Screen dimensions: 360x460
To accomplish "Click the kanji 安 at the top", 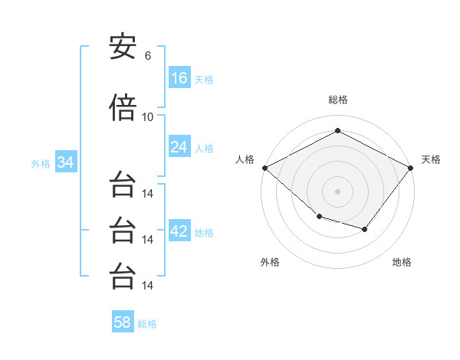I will point(123,47).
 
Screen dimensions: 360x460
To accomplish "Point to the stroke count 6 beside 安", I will point(148,56).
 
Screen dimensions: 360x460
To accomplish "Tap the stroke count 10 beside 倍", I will point(148,116).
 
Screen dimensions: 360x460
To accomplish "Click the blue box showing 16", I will point(179,78).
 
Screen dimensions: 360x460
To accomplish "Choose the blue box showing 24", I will point(179,147).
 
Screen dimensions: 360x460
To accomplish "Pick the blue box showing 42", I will point(179,231).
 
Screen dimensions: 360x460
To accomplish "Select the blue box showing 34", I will point(65,162).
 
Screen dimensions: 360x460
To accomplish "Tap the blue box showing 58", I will point(123,322).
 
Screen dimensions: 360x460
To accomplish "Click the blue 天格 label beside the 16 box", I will point(204,79).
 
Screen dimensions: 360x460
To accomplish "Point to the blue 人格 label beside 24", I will point(204,148).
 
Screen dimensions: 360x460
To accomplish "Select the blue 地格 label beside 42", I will point(204,232).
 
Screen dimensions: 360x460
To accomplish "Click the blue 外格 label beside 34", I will point(41,163).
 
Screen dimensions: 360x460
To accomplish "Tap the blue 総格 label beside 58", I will point(147,323).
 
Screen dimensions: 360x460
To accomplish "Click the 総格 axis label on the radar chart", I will point(337,100).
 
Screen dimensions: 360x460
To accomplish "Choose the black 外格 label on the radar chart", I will point(270,262).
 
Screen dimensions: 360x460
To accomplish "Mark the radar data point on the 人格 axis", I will point(264,168).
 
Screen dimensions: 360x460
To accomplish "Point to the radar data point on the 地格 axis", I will point(365,229).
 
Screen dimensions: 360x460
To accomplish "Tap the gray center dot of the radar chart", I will point(337,191).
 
